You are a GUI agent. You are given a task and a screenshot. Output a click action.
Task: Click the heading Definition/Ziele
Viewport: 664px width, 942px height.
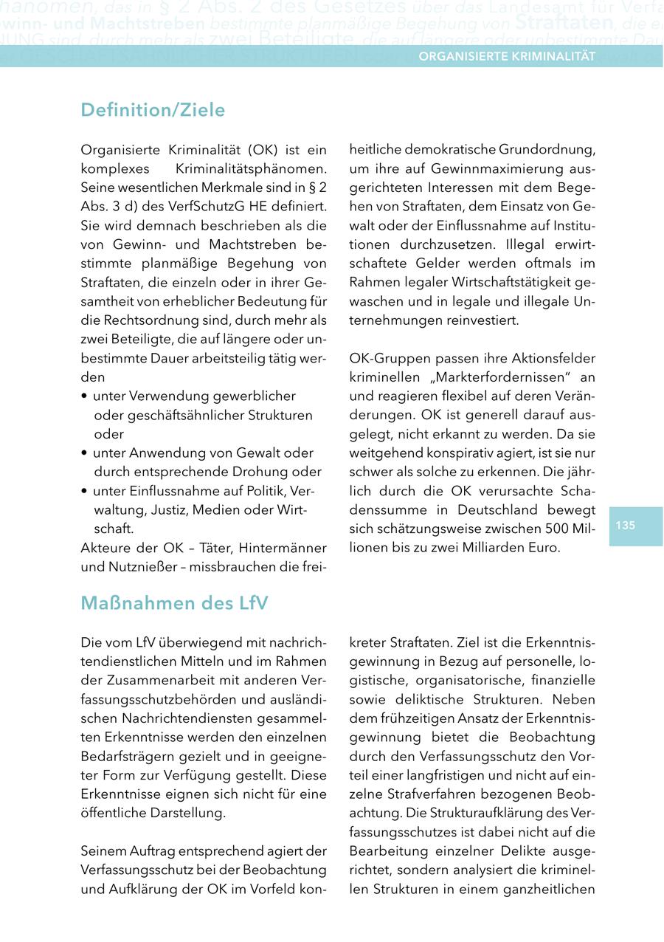pos(153,110)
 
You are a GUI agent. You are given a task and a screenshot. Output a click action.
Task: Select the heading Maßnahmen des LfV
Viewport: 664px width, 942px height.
pos(174,603)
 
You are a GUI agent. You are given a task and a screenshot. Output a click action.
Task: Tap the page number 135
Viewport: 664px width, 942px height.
pos(625,526)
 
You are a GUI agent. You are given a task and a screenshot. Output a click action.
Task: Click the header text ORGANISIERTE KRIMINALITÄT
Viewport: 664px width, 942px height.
pos(508,56)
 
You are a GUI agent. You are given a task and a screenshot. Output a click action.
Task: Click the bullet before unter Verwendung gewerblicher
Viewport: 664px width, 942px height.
pos(85,396)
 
